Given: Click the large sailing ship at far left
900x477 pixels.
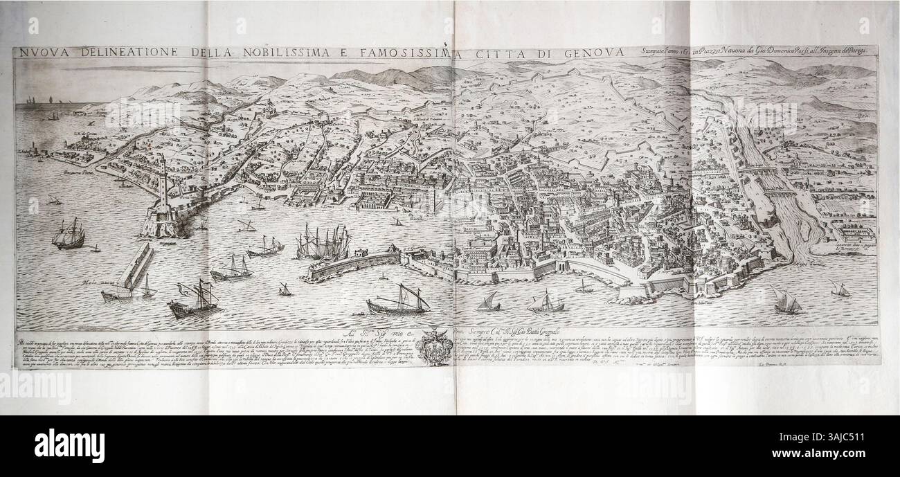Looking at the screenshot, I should point(69,235).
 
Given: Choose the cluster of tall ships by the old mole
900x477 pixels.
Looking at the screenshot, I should point(319,243).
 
